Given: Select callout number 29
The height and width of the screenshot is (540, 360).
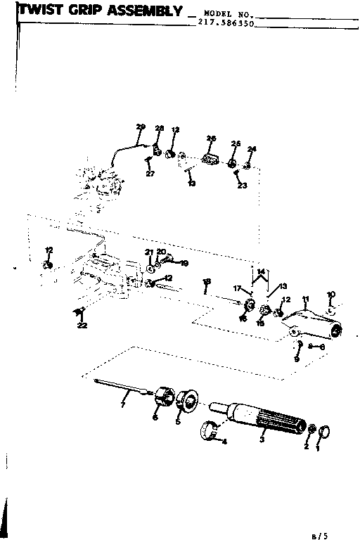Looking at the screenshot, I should click(x=140, y=127).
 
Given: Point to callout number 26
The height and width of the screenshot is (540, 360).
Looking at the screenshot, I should click(x=210, y=138).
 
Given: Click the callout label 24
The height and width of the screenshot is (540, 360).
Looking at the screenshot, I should click(x=252, y=149).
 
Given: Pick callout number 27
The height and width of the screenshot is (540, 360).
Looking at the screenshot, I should click(x=149, y=174).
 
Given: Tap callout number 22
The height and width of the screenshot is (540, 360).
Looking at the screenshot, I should click(x=83, y=325).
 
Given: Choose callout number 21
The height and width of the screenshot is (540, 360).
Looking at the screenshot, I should click(x=148, y=252).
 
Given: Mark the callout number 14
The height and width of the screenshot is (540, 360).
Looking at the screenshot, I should click(x=262, y=271).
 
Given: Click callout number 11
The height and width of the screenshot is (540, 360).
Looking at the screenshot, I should click(x=304, y=300).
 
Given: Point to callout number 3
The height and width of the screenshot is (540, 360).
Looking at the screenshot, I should click(x=262, y=439).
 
